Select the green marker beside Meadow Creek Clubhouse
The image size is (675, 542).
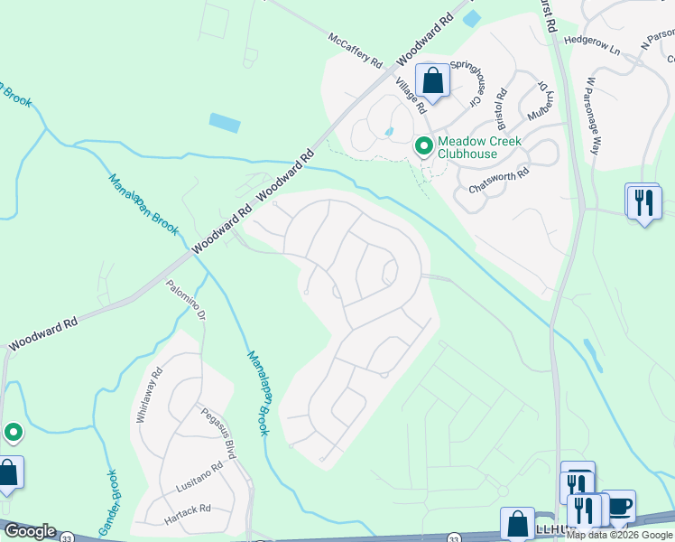(x=422, y=145)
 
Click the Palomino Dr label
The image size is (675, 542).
(x=188, y=302)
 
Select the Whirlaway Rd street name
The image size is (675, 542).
(x=150, y=389)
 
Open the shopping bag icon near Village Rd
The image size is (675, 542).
(x=433, y=81)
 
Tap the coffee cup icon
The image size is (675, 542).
(x=618, y=506)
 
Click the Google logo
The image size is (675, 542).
(x=29, y=531)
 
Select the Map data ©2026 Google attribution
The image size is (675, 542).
(x=619, y=535)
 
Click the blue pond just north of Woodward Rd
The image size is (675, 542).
(x=225, y=123)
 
